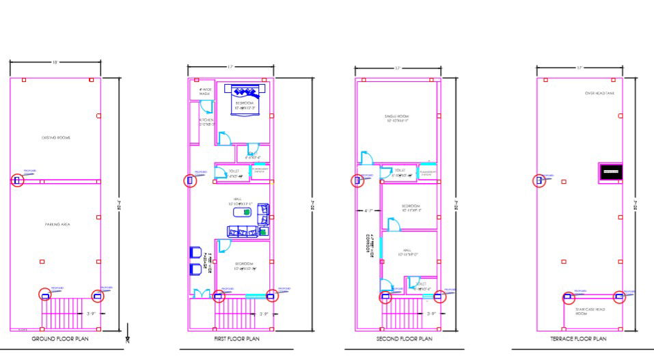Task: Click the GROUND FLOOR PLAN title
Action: click(60, 338)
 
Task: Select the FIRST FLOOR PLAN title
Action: click(232, 338)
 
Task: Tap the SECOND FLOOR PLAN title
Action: click(405, 338)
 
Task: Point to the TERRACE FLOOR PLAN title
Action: click(578, 338)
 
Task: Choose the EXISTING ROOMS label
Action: click(56, 137)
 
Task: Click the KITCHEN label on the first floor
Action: click(207, 122)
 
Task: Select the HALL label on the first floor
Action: click(238, 201)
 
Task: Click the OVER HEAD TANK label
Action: click(599, 93)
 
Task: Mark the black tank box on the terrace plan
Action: click(610, 172)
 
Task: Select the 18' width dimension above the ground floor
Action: click(55, 62)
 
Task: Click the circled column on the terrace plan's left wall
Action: click(539, 180)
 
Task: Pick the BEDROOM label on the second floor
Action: click(411, 208)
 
